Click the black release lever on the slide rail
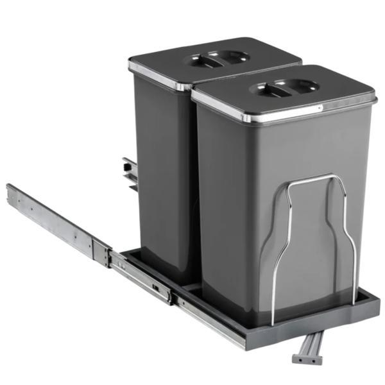coord(157,288)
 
